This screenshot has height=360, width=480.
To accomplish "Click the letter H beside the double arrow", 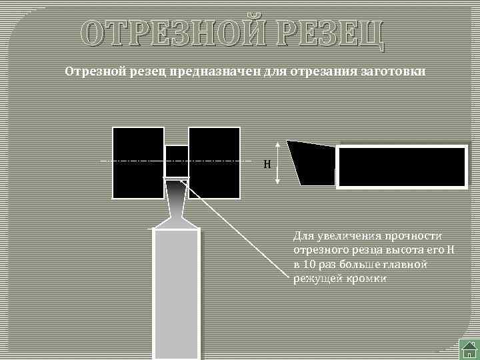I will [x=267, y=164].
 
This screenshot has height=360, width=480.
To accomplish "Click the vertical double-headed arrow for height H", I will [x=279, y=163].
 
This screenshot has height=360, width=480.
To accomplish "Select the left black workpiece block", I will [x=138, y=163].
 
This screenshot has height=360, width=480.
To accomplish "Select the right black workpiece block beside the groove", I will [x=214, y=163].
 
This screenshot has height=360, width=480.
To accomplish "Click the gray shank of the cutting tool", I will [x=176, y=293].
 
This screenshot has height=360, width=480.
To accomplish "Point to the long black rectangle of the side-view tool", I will [x=401, y=167].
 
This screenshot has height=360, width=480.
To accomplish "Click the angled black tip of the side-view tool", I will [x=310, y=162].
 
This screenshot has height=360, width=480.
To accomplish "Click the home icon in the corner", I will [x=469, y=349].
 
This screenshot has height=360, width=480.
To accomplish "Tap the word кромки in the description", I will [x=366, y=279].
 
